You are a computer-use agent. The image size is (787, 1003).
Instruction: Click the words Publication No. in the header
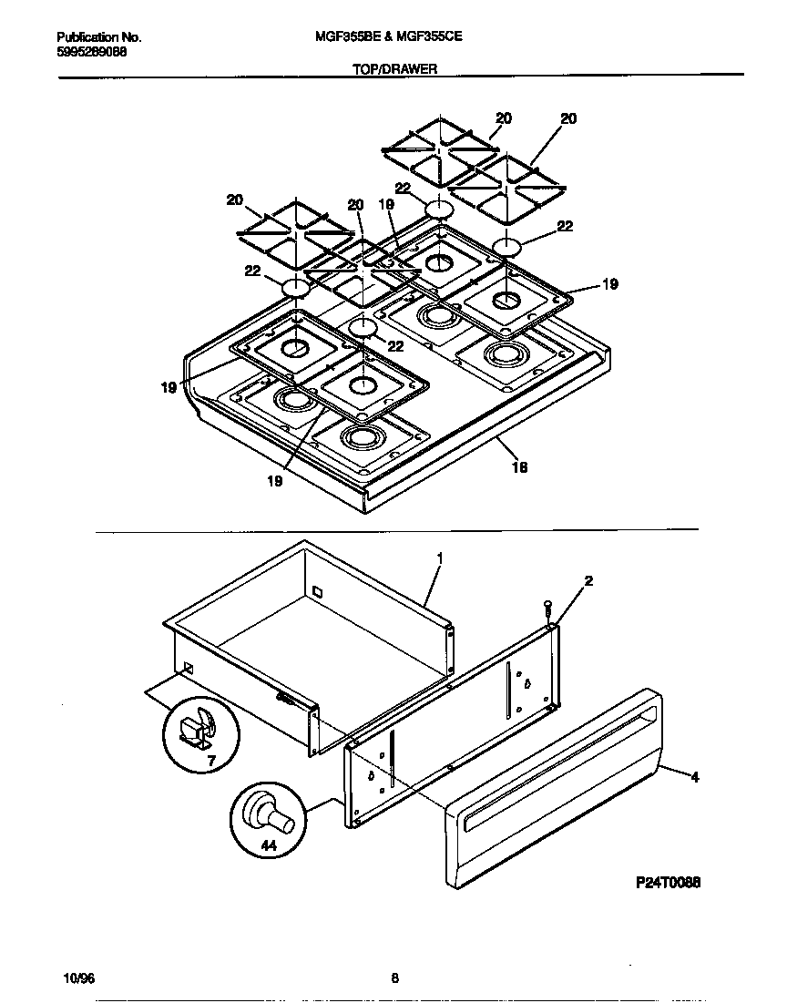click(99, 37)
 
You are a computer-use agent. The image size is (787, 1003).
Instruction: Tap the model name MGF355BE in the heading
click(344, 37)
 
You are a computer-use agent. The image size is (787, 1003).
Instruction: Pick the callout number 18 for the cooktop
click(520, 467)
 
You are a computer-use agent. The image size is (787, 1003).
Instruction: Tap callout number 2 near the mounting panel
click(588, 581)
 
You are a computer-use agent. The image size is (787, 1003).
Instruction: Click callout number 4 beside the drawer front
click(695, 777)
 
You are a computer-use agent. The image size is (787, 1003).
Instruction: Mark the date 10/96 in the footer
click(79, 979)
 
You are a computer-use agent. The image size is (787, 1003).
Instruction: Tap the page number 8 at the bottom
click(394, 979)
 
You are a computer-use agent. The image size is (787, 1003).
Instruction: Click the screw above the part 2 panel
click(547, 607)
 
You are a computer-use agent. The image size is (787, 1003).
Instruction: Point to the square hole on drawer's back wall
click(316, 592)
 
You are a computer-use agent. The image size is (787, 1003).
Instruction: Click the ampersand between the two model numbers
click(387, 37)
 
